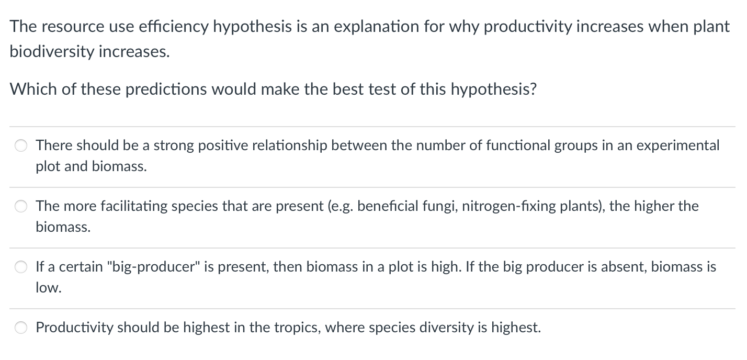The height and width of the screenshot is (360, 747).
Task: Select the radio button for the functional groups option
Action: pos(21,145)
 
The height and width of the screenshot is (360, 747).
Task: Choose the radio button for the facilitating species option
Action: pos(21,206)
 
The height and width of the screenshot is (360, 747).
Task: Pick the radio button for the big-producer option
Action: pos(21,267)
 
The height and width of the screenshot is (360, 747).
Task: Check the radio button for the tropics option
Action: pos(21,328)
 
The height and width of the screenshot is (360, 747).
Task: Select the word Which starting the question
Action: pos(33,89)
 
